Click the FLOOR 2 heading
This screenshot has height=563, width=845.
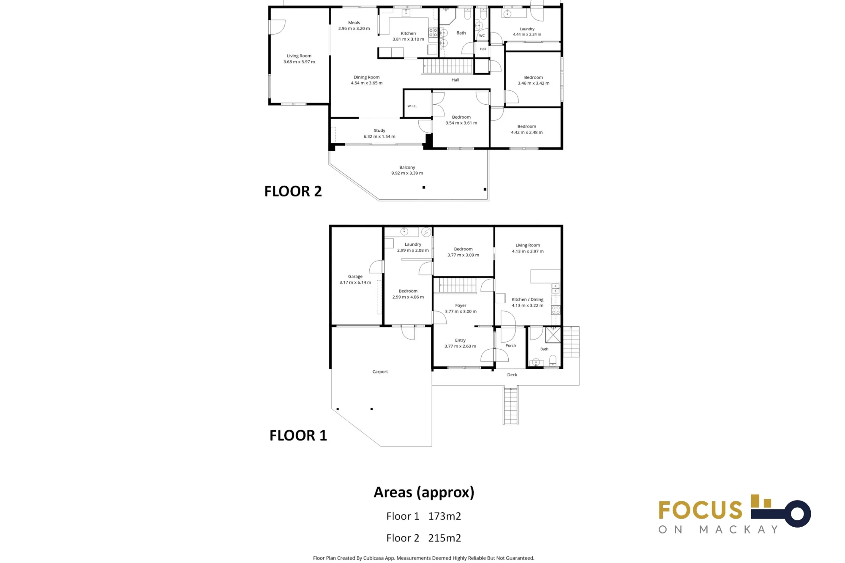pyautogui.click(x=293, y=191)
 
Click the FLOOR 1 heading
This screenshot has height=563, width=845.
pyautogui.click(x=298, y=435)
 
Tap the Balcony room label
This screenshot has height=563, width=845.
pyautogui.click(x=407, y=167)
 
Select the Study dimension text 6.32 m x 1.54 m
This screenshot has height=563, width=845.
pyautogui.click(x=379, y=136)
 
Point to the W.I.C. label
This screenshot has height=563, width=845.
pyautogui.click(x=412, y=106)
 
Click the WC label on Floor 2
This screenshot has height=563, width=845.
pyautogui.click(x=482, y=35)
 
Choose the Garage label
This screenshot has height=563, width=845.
pyautogui.click(x=355, y=277)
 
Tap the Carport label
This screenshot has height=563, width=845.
pyautogui.click(x=380, y=372)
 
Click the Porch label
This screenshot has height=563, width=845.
pyautogui.click(x=511, y=345)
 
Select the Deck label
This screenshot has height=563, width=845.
pyautogui.click(x=512, y=375)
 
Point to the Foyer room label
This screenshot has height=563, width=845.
pyautogui.click(x=461, y=305)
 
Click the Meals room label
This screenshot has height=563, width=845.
pyautogui.click(x=354, y=23)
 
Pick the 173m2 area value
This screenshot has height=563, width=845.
pyautogui.click(x=444, y=516)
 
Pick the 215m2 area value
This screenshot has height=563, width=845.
pyautogui.click(x=444, y=538)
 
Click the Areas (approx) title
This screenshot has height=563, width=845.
pyautogui.click(x=424, y=492)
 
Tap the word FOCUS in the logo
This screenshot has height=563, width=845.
pyautogui.click(x=700, y=510)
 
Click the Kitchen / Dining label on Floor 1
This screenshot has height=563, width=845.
pyautogui.click(x=528, y=299)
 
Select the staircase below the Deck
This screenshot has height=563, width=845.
pyautogui.click(x=511, y=405)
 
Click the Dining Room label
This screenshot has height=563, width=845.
pyautogui.click(x=367, y=77)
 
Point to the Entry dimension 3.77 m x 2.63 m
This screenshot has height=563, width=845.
pyautogui.click(x=460, y=346)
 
